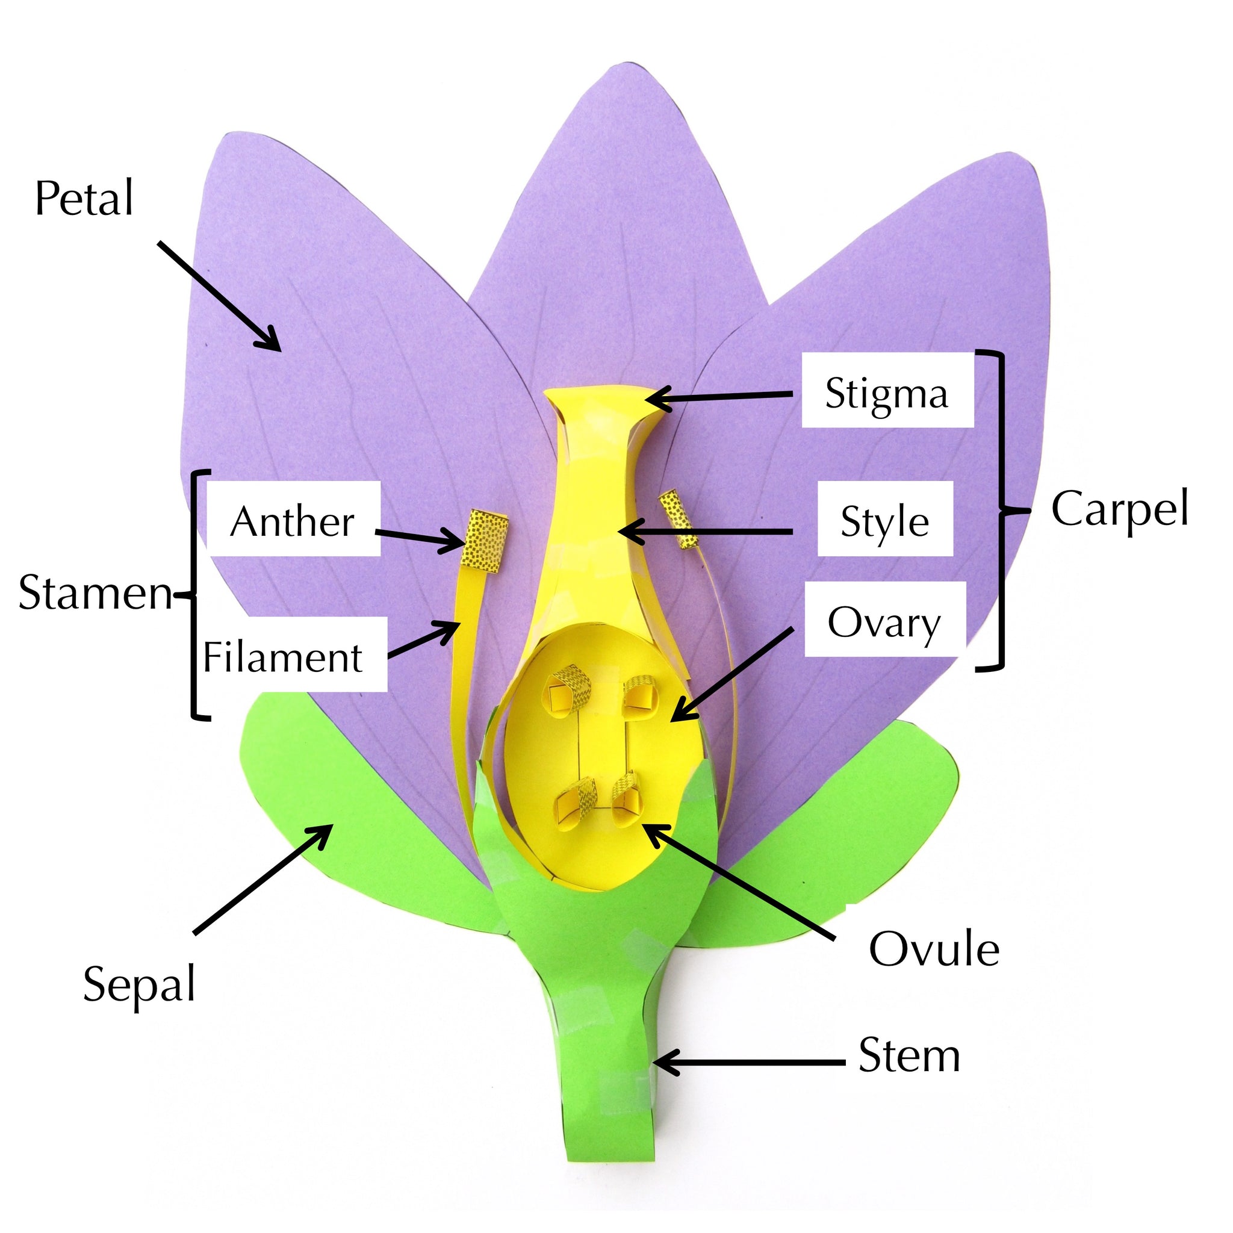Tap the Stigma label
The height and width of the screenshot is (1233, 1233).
pos(886,393)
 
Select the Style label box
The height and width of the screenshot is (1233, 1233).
pos(884,521)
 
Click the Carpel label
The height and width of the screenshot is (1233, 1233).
pos(1120,509)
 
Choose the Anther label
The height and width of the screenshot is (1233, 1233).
pos(292,521)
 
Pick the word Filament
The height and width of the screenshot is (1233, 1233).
pos(283,657)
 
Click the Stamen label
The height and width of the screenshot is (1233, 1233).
pos(96,592)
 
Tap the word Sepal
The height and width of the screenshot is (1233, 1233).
pos(139,984)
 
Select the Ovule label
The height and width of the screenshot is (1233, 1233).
pos(934,949)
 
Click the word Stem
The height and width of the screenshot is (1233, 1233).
pos(908,1055)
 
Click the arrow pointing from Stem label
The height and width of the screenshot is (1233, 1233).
pos(747,1063)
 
